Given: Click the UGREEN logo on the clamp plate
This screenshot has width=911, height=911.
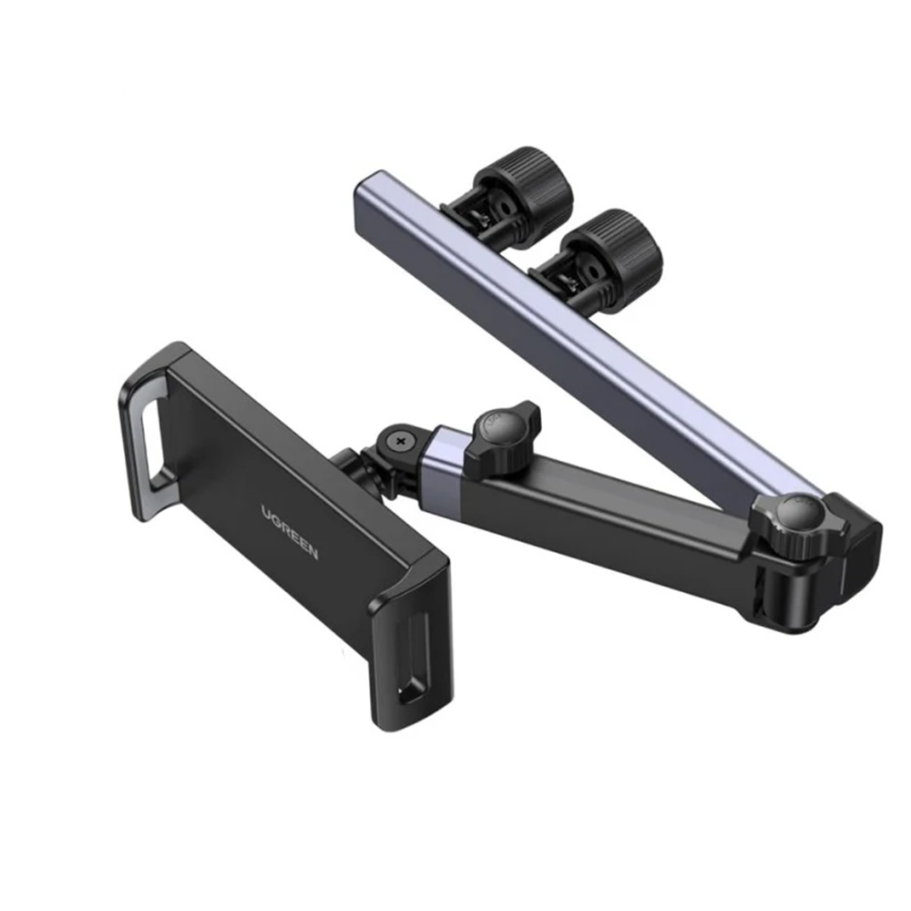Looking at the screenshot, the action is (290, 532).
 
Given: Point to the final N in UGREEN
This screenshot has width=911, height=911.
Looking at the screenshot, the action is (312, 553).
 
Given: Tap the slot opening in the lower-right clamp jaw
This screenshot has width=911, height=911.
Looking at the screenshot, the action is (413, 657).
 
